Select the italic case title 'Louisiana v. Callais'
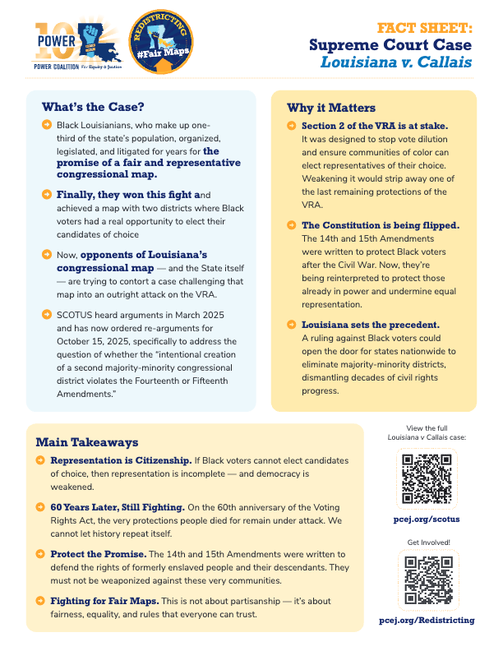(398, 61)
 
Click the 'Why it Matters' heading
(331, 108)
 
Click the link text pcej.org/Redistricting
(426, 620)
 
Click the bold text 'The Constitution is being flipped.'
(380, 224)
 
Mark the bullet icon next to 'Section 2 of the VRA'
(292, 126)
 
